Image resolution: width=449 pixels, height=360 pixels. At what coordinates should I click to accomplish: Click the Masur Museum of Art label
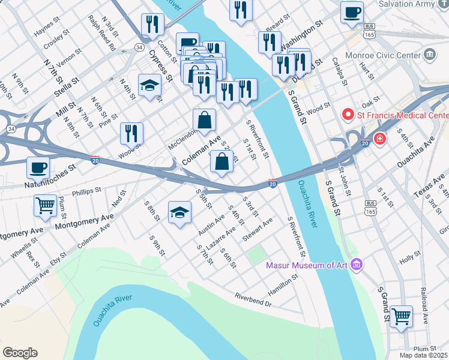click(x=309, y=265)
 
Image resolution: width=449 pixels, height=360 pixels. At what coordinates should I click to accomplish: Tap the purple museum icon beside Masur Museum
click(x=357, y=265)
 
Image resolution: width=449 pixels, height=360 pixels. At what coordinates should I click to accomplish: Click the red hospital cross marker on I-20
click(x=379, y=139)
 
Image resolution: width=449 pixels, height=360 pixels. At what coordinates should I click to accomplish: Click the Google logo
click(x=20, y=353)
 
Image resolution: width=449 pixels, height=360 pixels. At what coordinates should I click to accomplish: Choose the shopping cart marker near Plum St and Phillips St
click(x=45, y=206)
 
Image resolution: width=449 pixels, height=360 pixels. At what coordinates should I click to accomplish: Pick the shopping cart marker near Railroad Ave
click(x=401, y=316)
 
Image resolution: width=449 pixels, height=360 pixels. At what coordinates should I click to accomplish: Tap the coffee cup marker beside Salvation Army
click(x=352, y=12)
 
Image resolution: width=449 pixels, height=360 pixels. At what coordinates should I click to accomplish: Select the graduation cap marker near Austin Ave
click(x=179, y=212)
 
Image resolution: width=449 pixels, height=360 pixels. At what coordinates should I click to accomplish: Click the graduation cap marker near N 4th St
click(x=149, y=85)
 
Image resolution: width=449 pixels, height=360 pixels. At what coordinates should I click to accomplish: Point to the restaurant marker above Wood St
click(x=131, y=133)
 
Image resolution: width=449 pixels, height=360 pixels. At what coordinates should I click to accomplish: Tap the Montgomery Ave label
click(x=84, y=221)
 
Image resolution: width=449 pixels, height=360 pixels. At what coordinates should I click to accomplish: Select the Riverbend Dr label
click(x=253, y=299)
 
